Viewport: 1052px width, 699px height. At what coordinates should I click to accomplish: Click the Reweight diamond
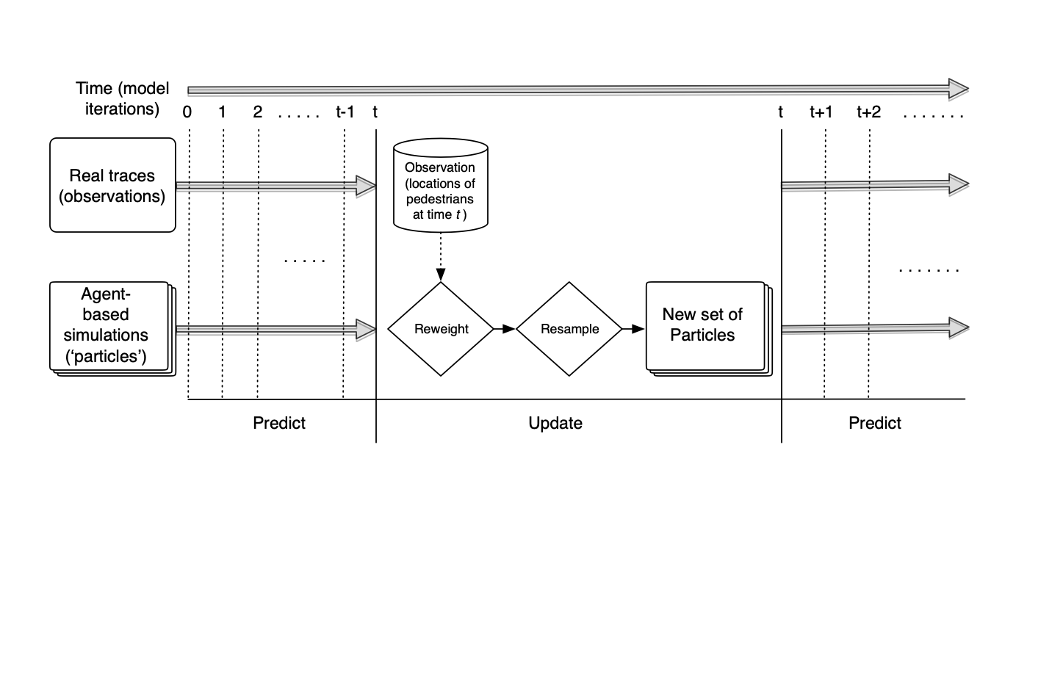click(441, 329)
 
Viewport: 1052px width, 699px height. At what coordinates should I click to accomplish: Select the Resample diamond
click(569, 329)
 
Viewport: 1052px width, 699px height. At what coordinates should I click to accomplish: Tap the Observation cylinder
click(440, 185)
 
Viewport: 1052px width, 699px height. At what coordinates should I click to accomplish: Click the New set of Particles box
click(704, 325)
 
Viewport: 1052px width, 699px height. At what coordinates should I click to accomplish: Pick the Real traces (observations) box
click(112, 185)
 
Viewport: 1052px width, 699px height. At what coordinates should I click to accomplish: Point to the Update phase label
click(555, 423)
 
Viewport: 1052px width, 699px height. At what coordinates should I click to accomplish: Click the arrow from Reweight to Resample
click(505, 329)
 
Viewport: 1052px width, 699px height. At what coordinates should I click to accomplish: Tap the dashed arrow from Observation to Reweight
click(441, 257)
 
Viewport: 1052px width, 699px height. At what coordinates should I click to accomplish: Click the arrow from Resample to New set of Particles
click(633, 329)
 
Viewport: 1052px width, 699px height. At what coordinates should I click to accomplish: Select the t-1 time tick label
click(345, 112)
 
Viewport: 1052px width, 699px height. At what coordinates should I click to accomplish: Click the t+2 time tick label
click(868, 112)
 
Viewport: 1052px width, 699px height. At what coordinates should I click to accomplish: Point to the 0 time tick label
click(187, 112)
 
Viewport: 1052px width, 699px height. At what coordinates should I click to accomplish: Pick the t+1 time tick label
click(821, 112)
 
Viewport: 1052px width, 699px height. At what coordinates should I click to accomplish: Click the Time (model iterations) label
click(122, 98)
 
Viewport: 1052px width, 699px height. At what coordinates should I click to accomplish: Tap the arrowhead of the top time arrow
click(958, 90)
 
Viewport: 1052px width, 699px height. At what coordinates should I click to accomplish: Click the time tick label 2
click(257, 112)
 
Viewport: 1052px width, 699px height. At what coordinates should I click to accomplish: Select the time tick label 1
click(222, 112)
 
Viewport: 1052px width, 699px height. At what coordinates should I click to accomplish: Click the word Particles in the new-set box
click(702, 336)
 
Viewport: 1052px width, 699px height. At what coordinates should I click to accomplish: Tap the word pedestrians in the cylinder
click(440, 199)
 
